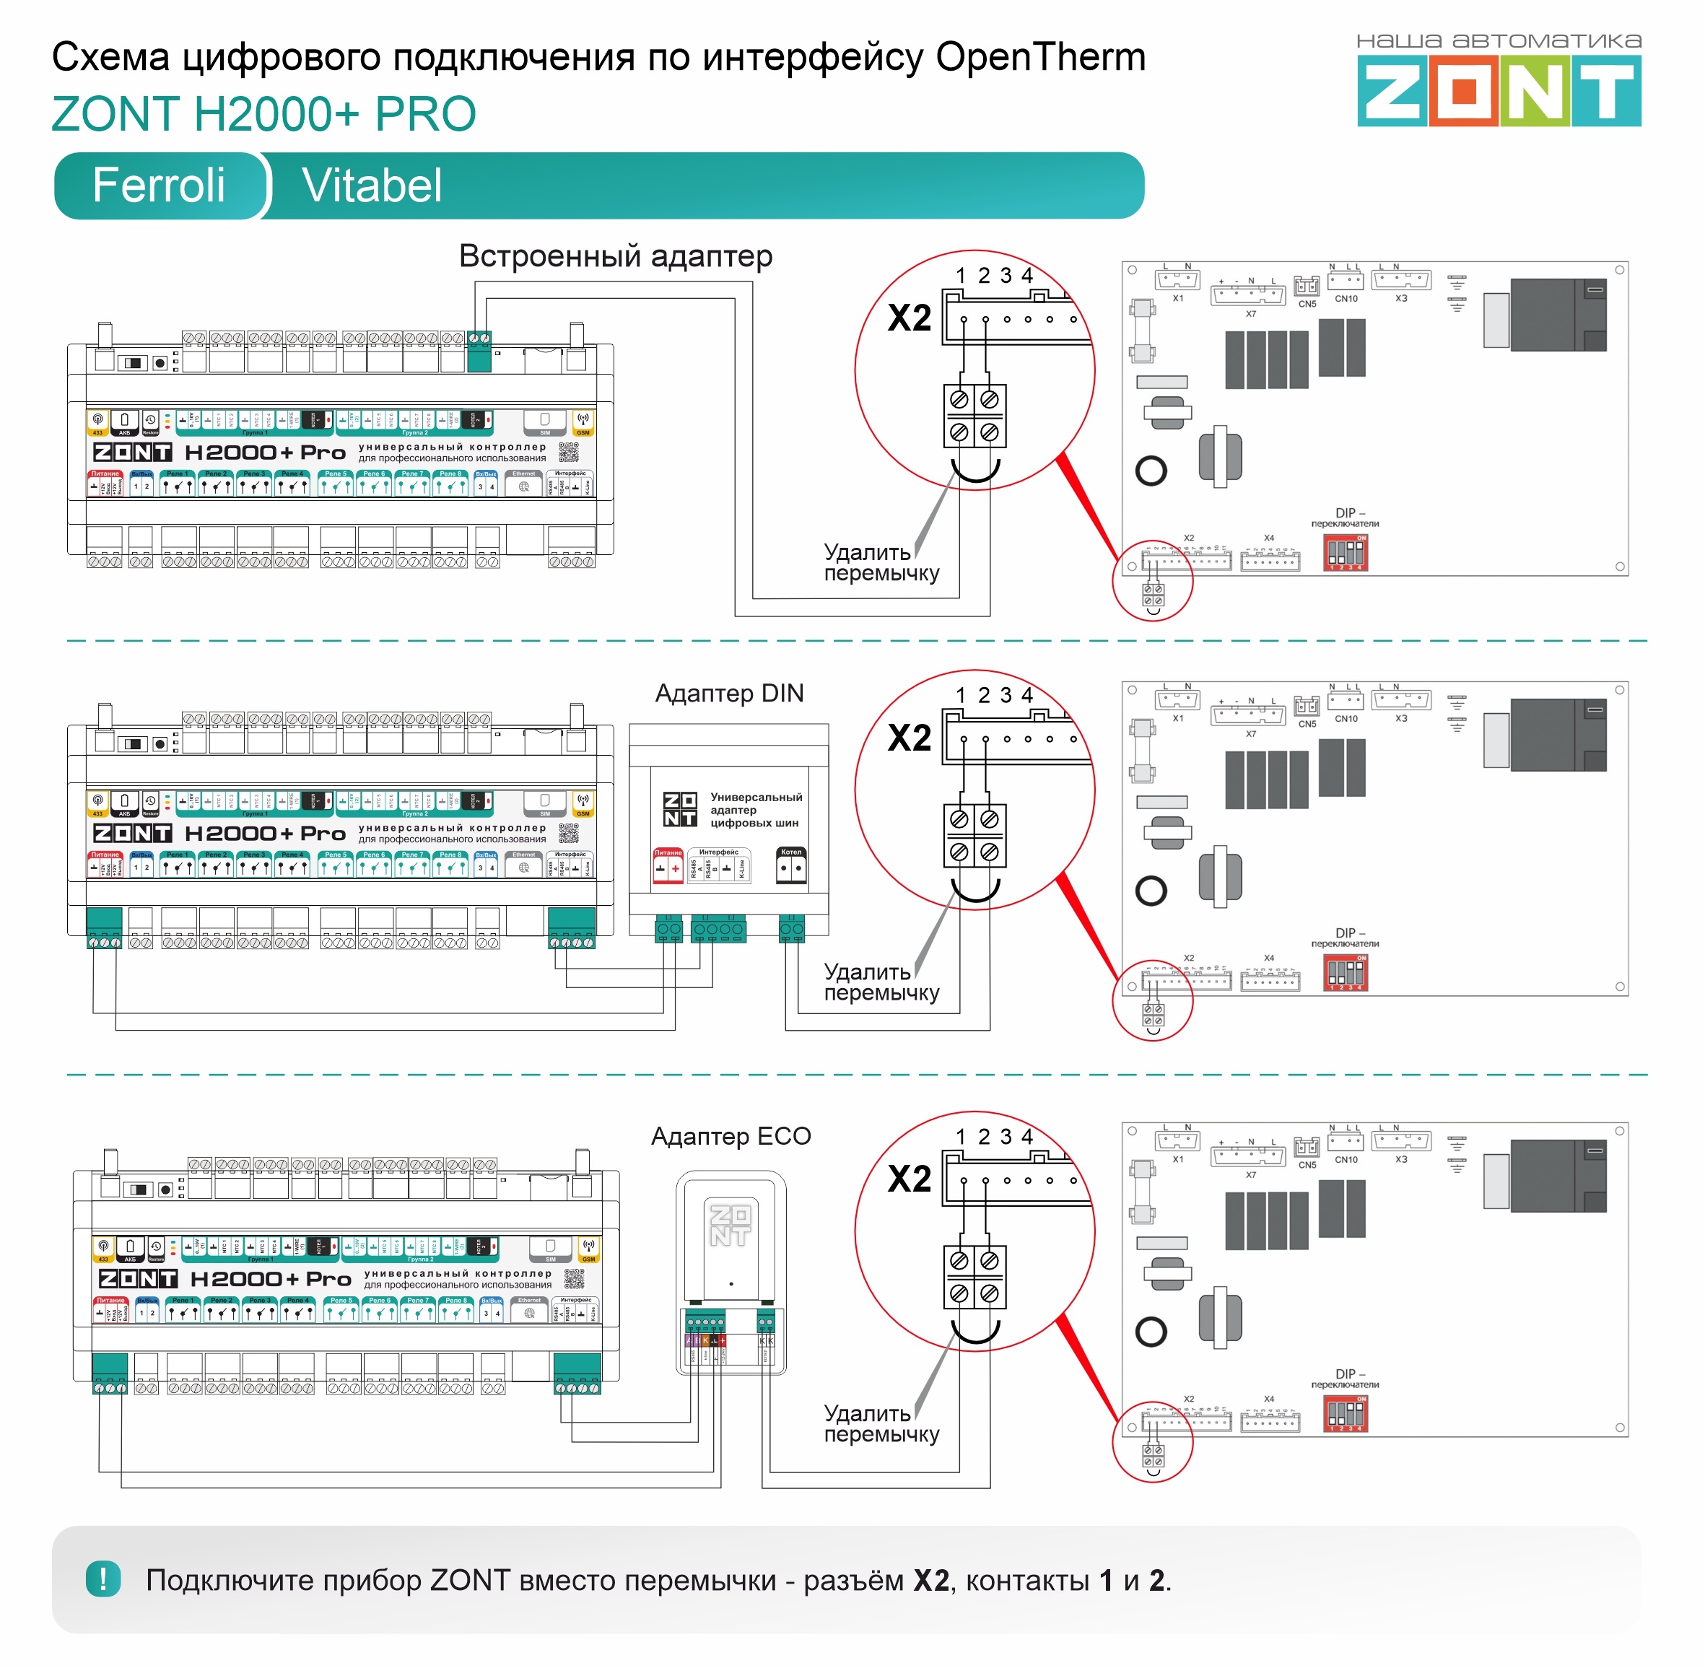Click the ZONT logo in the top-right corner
pos(1499,90)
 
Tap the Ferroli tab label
pos(159,185)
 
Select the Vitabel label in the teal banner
pos(372,185)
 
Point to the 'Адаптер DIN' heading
pos(729,693)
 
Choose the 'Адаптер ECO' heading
pos(731,1136)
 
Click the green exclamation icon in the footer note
pos(103,1579)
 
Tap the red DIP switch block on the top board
pos(1345,553)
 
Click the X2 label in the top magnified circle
pos(910,318)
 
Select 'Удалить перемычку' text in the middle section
pos(881,982)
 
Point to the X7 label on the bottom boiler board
pos(1250,1175)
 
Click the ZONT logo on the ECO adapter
pos(730,1225)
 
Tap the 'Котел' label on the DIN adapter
pos(791,852)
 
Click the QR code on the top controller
pos(569,452)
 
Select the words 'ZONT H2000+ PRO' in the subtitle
pos(263,114)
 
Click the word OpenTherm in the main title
pos(1040,58)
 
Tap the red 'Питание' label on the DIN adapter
pos(668,852)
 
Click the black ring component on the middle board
pos(1151,891)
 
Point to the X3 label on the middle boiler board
pos(1401,718)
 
